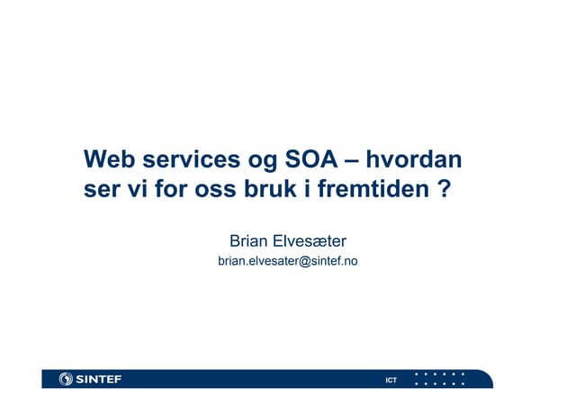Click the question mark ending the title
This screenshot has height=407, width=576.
[x=442, y=192]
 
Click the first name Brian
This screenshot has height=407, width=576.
[x=247, y=240]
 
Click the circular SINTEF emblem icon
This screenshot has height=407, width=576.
[x=66, y=379]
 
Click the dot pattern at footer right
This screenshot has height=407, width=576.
[x=439, y=379]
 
